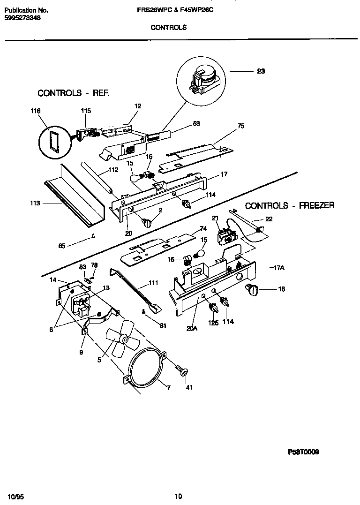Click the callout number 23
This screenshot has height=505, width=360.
point(261,71)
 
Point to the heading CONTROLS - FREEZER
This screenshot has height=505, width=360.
point(290,205)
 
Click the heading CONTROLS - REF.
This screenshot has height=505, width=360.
point(73,93)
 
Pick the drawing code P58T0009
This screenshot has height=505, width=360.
point(303,452)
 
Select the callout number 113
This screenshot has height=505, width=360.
point(35,204)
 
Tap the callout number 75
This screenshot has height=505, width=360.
point(240,126)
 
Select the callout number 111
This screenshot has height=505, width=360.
point(153,283)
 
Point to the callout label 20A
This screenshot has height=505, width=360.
point(192,328)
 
